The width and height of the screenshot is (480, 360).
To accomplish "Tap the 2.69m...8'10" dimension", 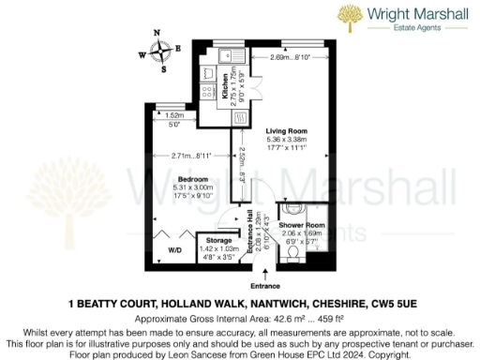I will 291,58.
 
